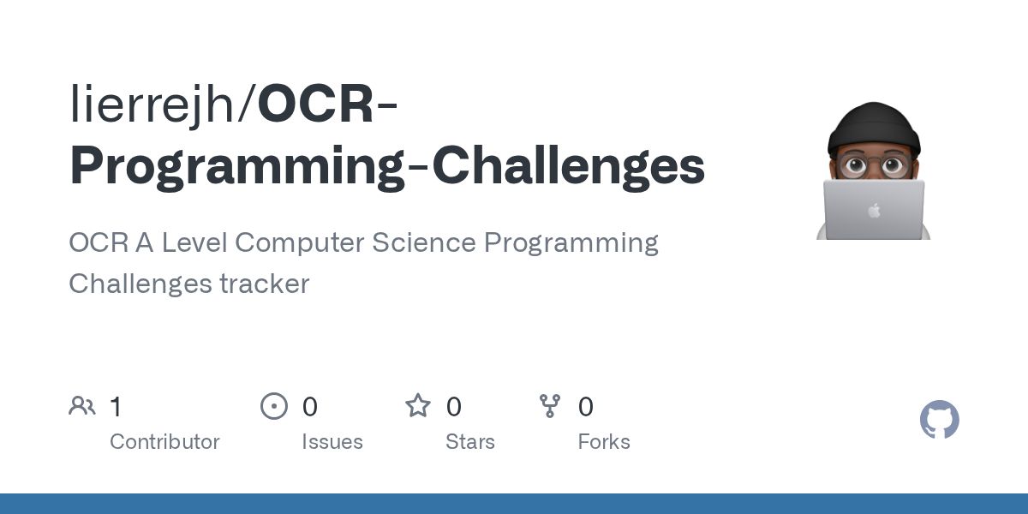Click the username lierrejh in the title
(158, 105)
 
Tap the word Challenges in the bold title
(568, 166)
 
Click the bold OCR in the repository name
(316, 105)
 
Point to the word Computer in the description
(299, 242)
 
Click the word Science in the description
(423, 242)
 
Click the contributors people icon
(82, 406)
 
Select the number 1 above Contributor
(116, 407)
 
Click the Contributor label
(164, 442)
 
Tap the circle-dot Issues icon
(274, 406)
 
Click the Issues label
(332, 442)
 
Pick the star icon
(418, 406)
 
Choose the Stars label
(470, 442)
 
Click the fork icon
(549, 406)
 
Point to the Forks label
(604, 442)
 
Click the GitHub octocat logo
(939, 421)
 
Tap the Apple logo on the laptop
(873, 210)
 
